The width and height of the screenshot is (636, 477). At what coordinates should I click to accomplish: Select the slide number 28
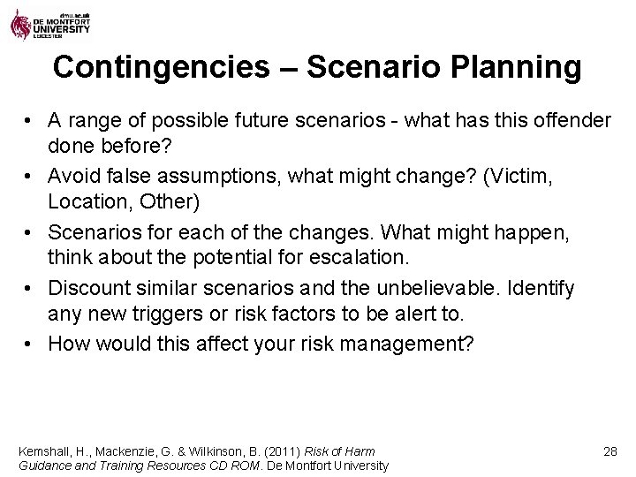[609, 451]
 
